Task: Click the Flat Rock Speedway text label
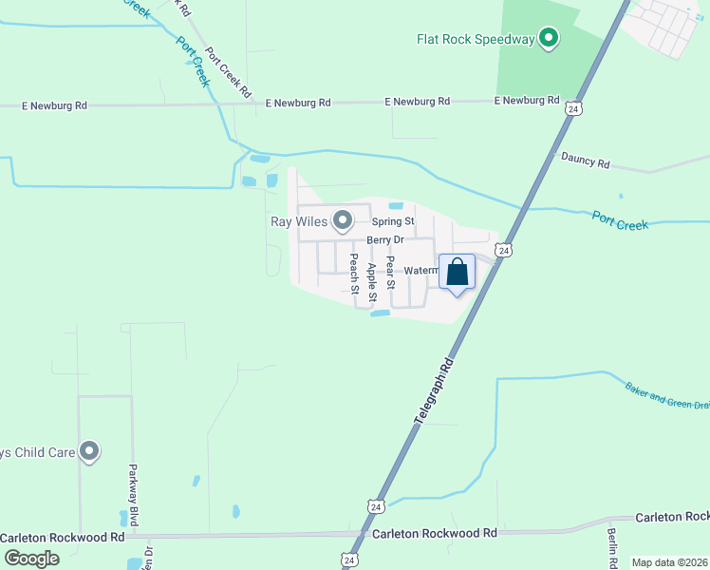(476, 39)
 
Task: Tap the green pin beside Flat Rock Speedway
(548, 38)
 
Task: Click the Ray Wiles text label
(297, 222)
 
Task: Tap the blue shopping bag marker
(457, 272)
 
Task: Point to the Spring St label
(393, 221)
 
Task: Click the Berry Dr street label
(385, 240)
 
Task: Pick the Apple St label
(371, 277)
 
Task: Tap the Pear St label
(389, 270)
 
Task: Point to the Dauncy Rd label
(585, 161)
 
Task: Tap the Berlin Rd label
(613, 548)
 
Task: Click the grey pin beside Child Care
(89, 452)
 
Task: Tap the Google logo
(31, 558)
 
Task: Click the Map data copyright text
(669, 562)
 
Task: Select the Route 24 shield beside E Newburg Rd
(571, 109)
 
